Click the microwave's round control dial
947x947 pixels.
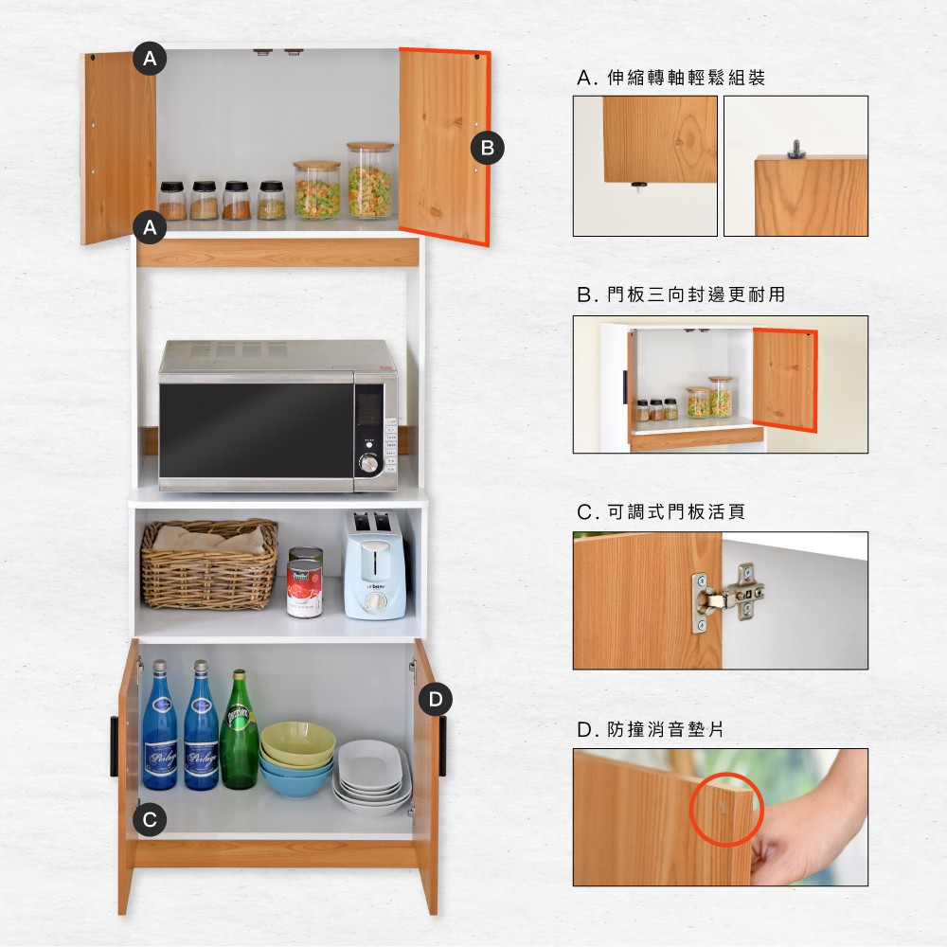368,464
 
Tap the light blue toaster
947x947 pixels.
374,565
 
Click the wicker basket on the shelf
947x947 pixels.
209,563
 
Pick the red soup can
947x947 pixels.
304,588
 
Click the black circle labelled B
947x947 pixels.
488,148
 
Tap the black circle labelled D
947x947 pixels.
436,700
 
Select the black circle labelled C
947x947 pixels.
150,819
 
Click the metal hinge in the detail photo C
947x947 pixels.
728,598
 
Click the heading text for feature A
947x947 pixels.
671,78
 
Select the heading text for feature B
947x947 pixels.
681,295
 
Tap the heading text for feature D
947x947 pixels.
651,729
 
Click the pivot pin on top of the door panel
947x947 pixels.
795,150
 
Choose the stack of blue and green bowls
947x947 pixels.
297,759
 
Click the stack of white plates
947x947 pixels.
371,777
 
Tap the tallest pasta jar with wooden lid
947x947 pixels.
369,180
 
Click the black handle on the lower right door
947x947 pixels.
442,746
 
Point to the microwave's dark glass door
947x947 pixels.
257,430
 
